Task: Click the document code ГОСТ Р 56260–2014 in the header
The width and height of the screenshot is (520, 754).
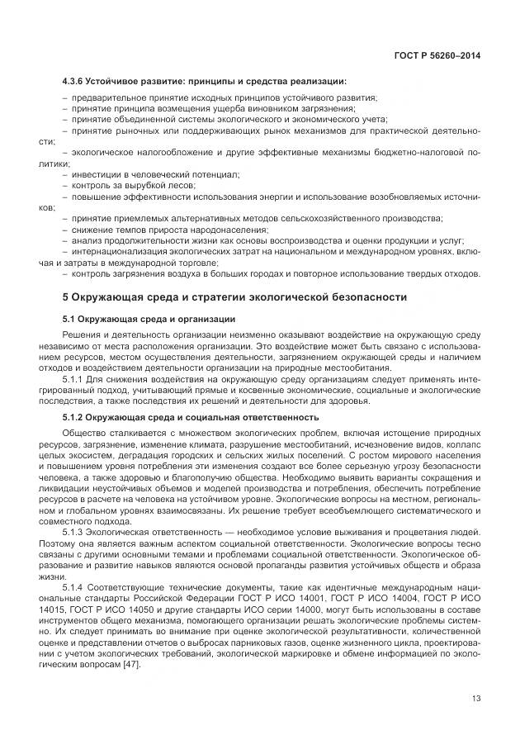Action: click(438, 56)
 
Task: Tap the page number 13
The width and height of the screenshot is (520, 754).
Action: click(475, 698)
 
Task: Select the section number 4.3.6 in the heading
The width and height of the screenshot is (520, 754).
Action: click(76, 82)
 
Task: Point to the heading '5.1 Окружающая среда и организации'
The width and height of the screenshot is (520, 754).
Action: click(149, 318)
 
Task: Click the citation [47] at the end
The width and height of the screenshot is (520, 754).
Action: click(130, 665)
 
